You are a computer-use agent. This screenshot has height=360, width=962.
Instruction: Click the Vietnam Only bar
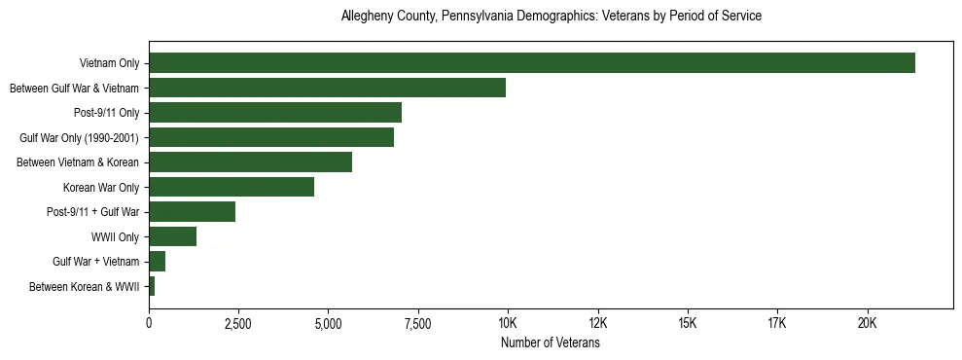click(x=532, y=63)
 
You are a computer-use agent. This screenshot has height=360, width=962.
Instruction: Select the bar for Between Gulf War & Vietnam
click(x=327, y=88)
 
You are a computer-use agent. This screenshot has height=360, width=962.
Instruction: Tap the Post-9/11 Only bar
click(x=275, y=113)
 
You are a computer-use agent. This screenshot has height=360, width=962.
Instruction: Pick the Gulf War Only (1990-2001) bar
click(x=271, y=137)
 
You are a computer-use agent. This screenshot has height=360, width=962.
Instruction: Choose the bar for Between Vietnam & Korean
click(x=250, y=162)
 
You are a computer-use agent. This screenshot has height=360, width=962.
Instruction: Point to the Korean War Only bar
click(x=232, y=187)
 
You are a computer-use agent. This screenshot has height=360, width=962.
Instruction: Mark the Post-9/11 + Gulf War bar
click(x=192, y=212)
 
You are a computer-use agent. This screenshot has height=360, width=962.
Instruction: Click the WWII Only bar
click(x=172, y=236)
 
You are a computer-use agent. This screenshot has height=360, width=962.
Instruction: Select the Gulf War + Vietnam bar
click(x=157, y=262)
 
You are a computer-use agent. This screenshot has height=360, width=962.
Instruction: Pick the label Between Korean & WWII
click(x=85, y=287)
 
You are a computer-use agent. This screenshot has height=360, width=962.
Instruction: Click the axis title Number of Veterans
click(x=550, y=343)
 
